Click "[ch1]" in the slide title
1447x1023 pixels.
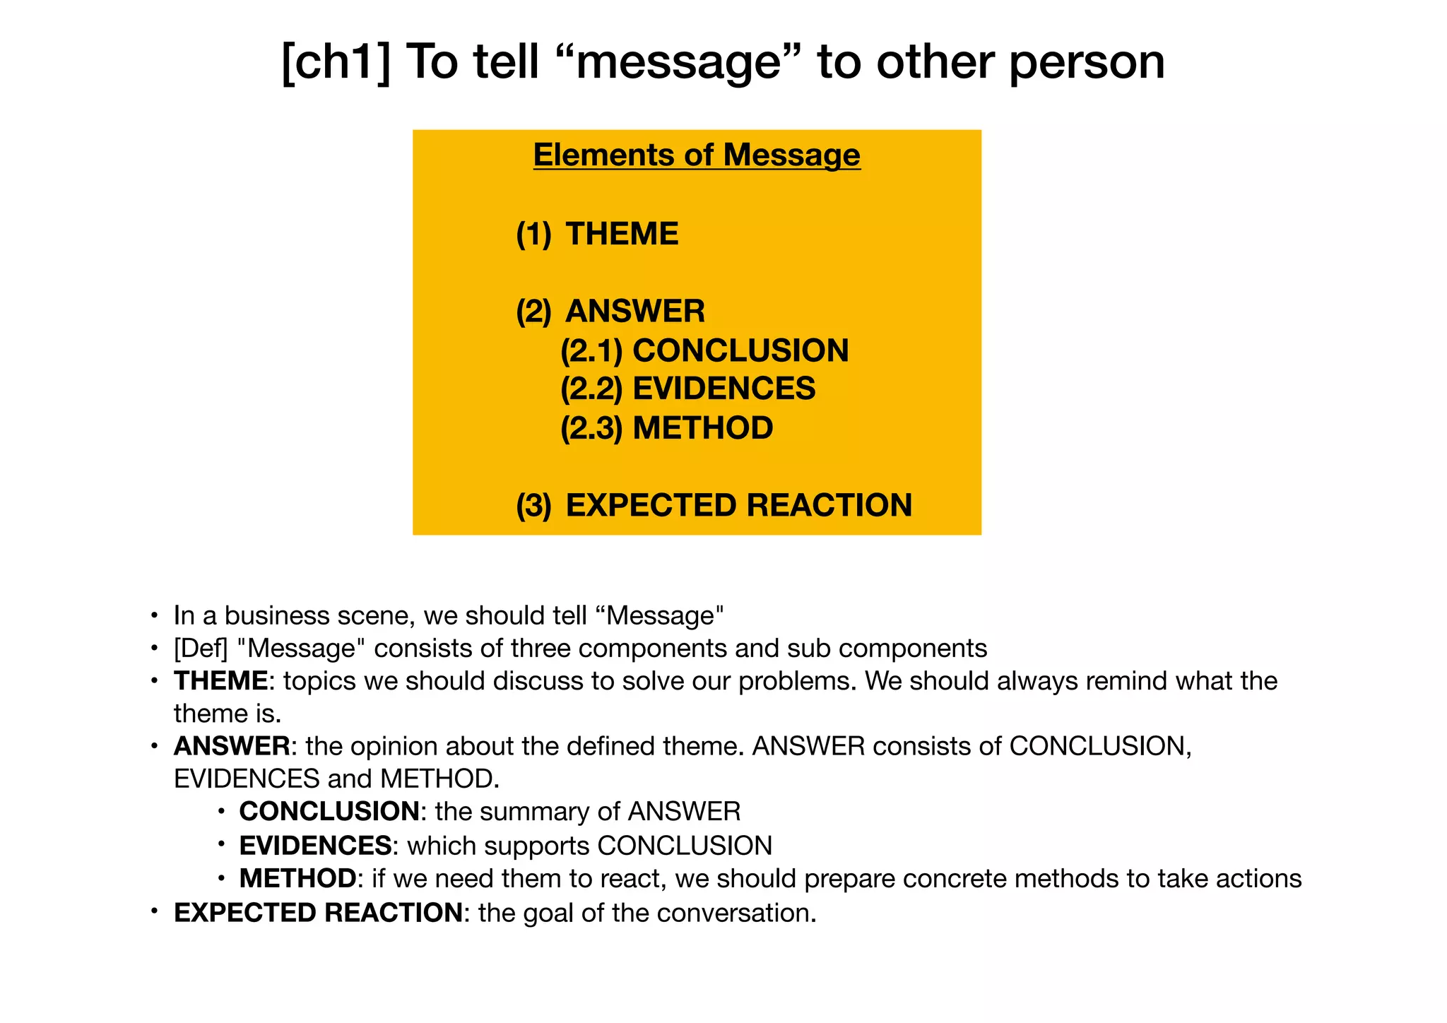point(335,62)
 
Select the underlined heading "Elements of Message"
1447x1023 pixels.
point(697,155)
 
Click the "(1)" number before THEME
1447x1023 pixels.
point(533,235)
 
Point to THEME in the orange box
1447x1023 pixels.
point(622,235)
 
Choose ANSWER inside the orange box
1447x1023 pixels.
point(635,312)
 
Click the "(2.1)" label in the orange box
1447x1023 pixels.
point(591,351)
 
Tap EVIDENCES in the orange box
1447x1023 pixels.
point(723,389)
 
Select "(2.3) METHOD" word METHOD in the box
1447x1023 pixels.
point(702,428)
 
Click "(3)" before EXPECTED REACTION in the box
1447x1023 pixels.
point(533,506)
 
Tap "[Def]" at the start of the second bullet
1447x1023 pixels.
point(201,648)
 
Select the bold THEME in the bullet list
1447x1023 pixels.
point(221,681)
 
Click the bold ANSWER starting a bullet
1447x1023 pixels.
point(232,746)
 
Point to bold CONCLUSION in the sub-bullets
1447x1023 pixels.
point(329,812)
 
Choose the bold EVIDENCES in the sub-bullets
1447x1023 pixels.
point(315,846)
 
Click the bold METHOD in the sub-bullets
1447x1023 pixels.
point(297,879)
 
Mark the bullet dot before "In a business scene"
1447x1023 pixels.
point(153,615)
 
